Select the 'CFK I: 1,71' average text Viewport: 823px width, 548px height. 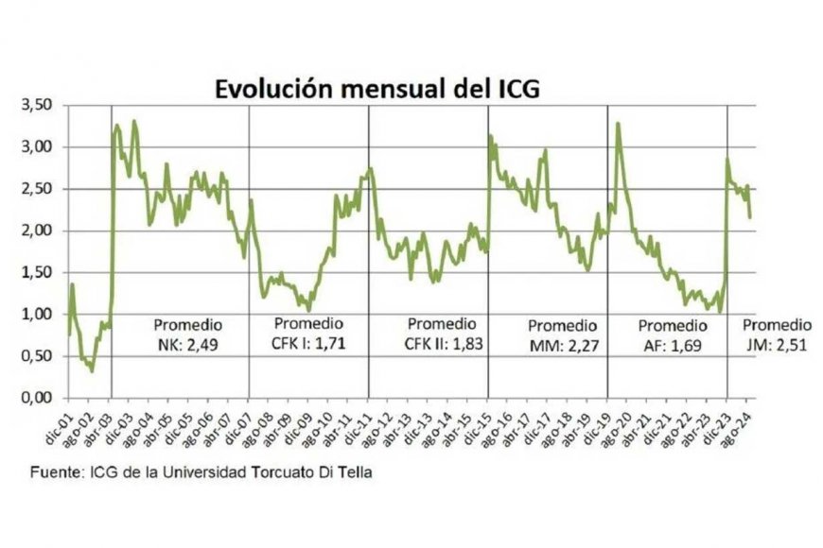click(308, 344)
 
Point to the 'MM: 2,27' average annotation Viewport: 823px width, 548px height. click(563, 346)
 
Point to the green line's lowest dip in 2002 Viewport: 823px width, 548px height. click(92, 370)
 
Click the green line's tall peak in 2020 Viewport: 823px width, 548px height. click(618, 124)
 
